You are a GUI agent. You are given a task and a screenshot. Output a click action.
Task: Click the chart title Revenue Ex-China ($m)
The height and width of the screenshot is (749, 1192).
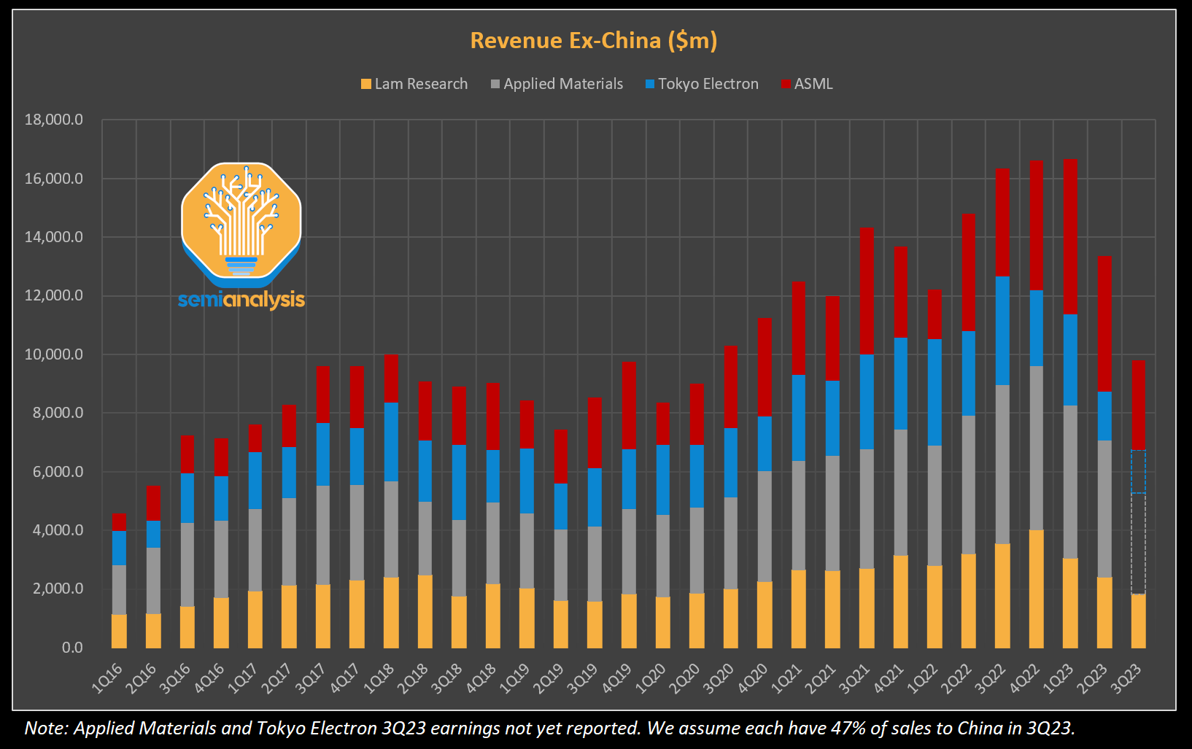(x=593, y=40)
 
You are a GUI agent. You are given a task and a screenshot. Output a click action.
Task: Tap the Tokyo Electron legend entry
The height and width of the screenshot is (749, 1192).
(x=702, y=84)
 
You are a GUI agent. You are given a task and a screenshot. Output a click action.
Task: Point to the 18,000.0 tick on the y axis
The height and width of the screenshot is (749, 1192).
(x=54, y=120)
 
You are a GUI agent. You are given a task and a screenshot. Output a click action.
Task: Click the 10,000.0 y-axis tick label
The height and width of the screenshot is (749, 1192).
(x=54, y=354)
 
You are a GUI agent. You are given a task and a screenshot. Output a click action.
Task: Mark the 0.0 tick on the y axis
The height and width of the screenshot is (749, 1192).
(x=72, y=648)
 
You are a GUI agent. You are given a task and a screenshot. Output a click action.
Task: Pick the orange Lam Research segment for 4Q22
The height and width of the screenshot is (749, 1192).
(x=1036, y=589)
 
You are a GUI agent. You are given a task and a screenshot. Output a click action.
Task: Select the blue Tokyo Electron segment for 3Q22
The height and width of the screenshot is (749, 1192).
(x=1002, y=330)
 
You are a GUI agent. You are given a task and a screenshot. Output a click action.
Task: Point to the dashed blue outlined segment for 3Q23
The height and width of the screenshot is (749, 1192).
(x=1138, y=472)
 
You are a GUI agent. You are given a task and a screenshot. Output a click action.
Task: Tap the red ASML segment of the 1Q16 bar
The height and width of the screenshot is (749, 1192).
(x=119, y=522)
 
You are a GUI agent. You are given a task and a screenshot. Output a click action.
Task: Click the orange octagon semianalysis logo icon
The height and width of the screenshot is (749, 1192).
(x=241, y=222)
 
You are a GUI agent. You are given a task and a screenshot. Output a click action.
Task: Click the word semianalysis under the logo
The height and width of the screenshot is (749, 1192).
(x=241, y=300)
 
